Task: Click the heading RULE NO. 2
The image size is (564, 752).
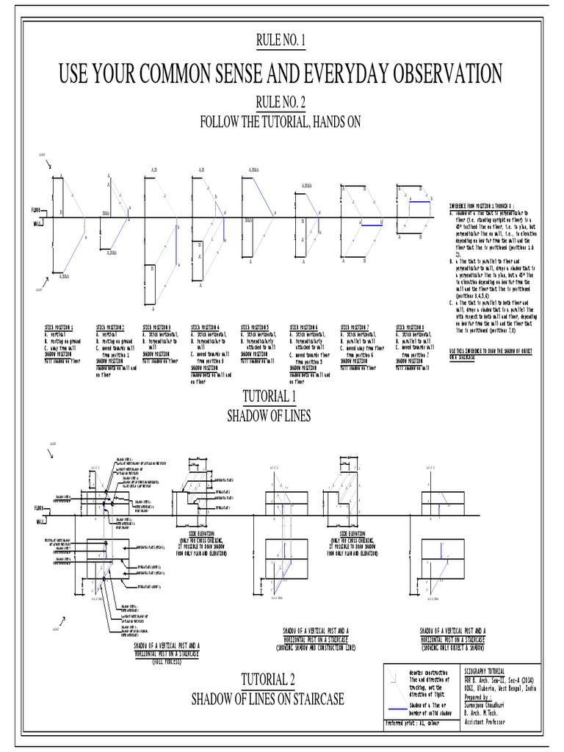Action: (283, 102)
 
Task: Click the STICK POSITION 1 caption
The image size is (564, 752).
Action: (62, 327)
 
